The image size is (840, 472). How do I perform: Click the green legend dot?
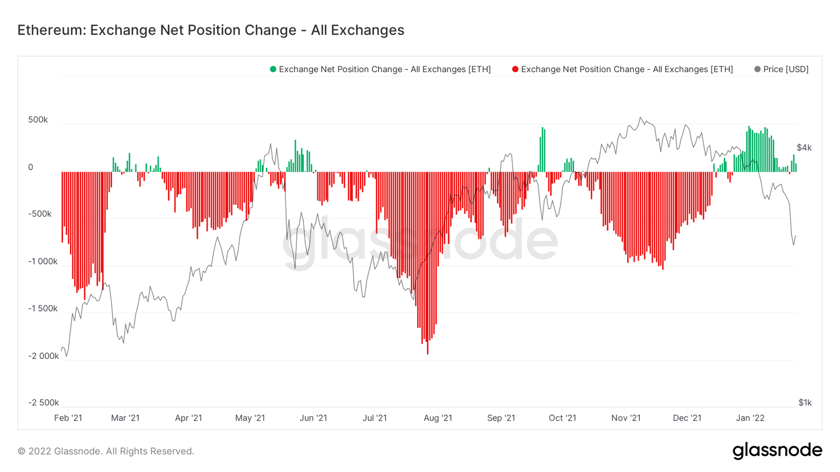(x=273, y=69)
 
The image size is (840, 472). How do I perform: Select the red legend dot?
(x=515, y=69)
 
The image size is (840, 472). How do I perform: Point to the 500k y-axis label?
(x=38, y=120)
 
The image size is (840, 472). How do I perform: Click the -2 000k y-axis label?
(x=43, y=356)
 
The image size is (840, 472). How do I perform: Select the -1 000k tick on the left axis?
(x=43, y=261)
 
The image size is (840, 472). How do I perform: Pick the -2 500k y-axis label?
(x=43, y=403)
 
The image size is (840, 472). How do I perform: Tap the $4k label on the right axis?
(x=804, y=147)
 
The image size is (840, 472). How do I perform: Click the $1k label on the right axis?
(x=804, y=403)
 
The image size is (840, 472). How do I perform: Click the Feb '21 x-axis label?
(x=68, y=418)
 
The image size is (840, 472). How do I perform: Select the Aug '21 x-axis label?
(x=438, y=418)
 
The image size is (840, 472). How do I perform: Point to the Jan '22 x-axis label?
(x=750, y=418)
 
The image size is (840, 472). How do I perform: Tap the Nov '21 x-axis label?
(x=626, y=418)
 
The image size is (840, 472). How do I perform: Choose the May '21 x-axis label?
(x=250, y=418)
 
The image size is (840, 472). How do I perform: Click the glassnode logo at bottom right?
(x=777, y=451)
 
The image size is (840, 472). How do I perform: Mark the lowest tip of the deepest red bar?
(x=428, y=354)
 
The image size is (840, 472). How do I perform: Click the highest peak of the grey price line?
(x=641, y=117)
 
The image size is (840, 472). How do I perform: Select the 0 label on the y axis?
(x=31, y=167)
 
